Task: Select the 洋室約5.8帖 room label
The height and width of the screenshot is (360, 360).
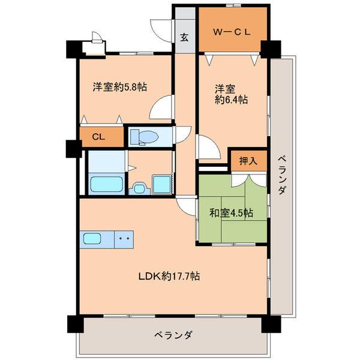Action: click(x=119, y=86)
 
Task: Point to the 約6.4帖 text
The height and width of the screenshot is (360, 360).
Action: click(x=232, y=100)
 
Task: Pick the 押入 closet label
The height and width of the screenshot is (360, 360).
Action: click(x=248, y=160)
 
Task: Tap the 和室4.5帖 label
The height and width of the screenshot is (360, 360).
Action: click(x=231, y=212)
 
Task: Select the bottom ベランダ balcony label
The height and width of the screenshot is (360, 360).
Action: click(x=172, y=335)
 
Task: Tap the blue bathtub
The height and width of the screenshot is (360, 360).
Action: click(x=107, y=184)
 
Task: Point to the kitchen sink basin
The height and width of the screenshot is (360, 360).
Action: click(x=93, y=238)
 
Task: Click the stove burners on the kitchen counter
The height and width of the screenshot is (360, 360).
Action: click(x=125, y=238)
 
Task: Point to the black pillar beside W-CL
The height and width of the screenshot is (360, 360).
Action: click(x=271, y=48)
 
